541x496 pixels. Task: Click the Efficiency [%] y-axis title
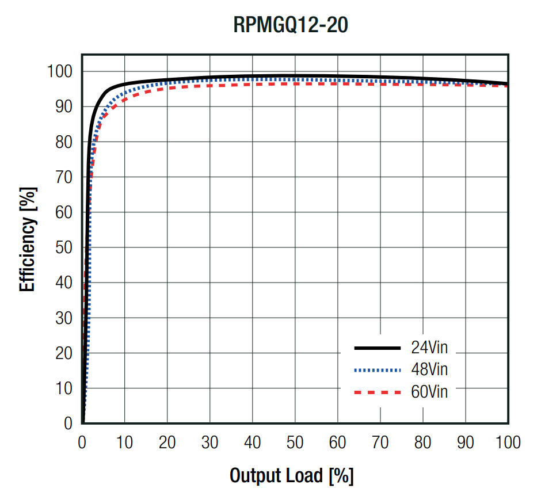(x=28, y=239)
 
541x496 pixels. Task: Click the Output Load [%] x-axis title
(x=291, y=476)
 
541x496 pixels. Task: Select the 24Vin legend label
(x=429, y=348)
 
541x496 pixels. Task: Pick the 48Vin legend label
(x=429, y=369)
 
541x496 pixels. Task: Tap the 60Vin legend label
(x=429, y=391)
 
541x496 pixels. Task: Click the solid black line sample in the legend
(x=377, y=348)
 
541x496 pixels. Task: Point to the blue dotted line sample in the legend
(x=377, y=370)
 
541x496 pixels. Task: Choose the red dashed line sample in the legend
(x=377, y=392)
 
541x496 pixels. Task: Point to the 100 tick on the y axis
(x=60, y=71)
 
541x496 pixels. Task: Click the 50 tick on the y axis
(x=64, y=247)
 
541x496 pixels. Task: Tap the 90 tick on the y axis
(x=64, y=106)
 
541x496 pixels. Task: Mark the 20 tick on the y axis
(x=64, y=353)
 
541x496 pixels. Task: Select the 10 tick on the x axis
(x=124, y=442)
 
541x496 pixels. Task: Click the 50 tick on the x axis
(x=295, y=442)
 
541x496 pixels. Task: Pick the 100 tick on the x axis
(x=508, y=442)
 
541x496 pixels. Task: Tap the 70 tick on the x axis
(x=380, y=442)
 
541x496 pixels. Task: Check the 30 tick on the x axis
(x=209, y=442)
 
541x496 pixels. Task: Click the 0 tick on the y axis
(x=68, y=423)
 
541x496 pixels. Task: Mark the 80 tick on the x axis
(x=422, y=442)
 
